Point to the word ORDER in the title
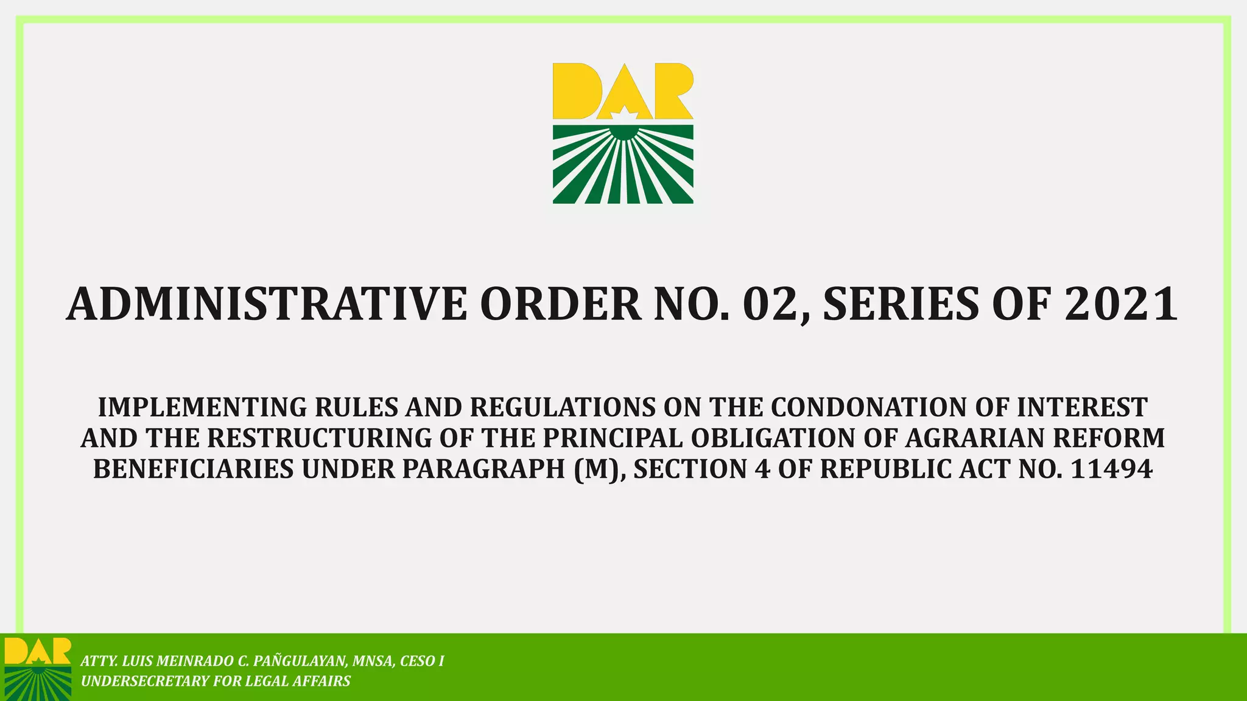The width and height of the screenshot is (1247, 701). click(x=560, y=305)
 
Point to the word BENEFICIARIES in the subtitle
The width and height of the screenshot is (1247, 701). click(x=193, y=469)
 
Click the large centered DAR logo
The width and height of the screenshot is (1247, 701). click(x=623, y=134)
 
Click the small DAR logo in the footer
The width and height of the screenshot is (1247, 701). click(x=37, y=668)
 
